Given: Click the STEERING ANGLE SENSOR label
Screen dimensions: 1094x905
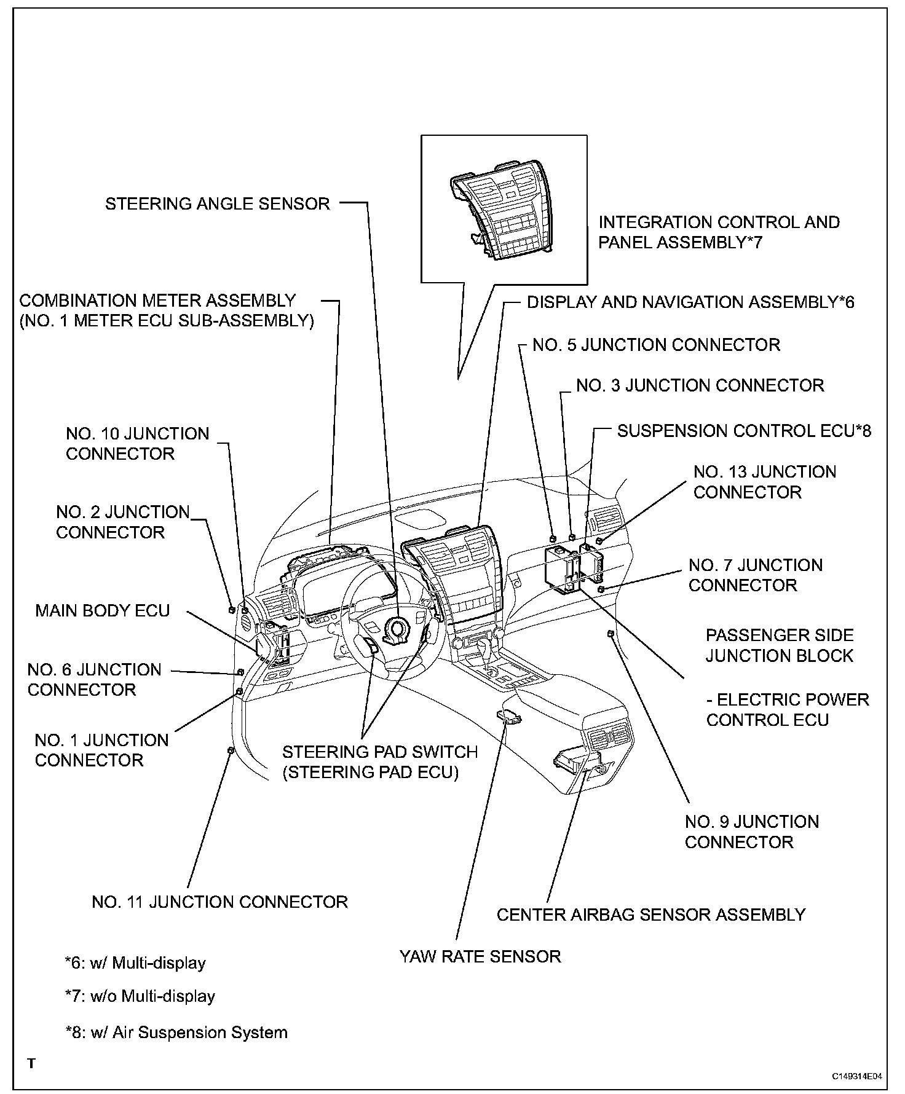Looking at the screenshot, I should coord(218,203).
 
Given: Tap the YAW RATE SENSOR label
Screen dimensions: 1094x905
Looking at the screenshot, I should coord(480,956).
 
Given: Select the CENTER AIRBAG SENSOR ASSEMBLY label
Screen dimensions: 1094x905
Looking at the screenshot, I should coord(650,915).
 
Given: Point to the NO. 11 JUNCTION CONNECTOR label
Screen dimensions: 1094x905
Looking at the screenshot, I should coord(219,902).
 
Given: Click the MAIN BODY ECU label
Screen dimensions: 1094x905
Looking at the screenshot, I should coord(103,610).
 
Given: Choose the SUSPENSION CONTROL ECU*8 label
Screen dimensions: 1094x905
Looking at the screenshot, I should coord(744,431).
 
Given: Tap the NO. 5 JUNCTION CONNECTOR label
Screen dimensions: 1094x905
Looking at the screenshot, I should coord(656,345).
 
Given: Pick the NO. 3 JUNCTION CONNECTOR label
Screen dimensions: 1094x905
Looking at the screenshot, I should coord(700,385).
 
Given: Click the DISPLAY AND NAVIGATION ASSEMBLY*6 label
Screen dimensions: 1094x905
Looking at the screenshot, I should coord(690,302).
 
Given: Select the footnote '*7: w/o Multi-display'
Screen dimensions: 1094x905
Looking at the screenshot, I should coord(140,996).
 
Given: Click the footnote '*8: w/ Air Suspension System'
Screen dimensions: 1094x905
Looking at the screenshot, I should coord(176,1032).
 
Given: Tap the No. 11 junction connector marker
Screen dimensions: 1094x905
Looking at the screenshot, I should coord(231,750).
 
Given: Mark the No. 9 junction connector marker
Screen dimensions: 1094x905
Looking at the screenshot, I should coord(611,634).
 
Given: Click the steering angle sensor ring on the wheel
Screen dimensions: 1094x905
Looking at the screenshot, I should coord(396,628).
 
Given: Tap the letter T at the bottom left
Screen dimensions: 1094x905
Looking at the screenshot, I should coord(31,1063).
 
